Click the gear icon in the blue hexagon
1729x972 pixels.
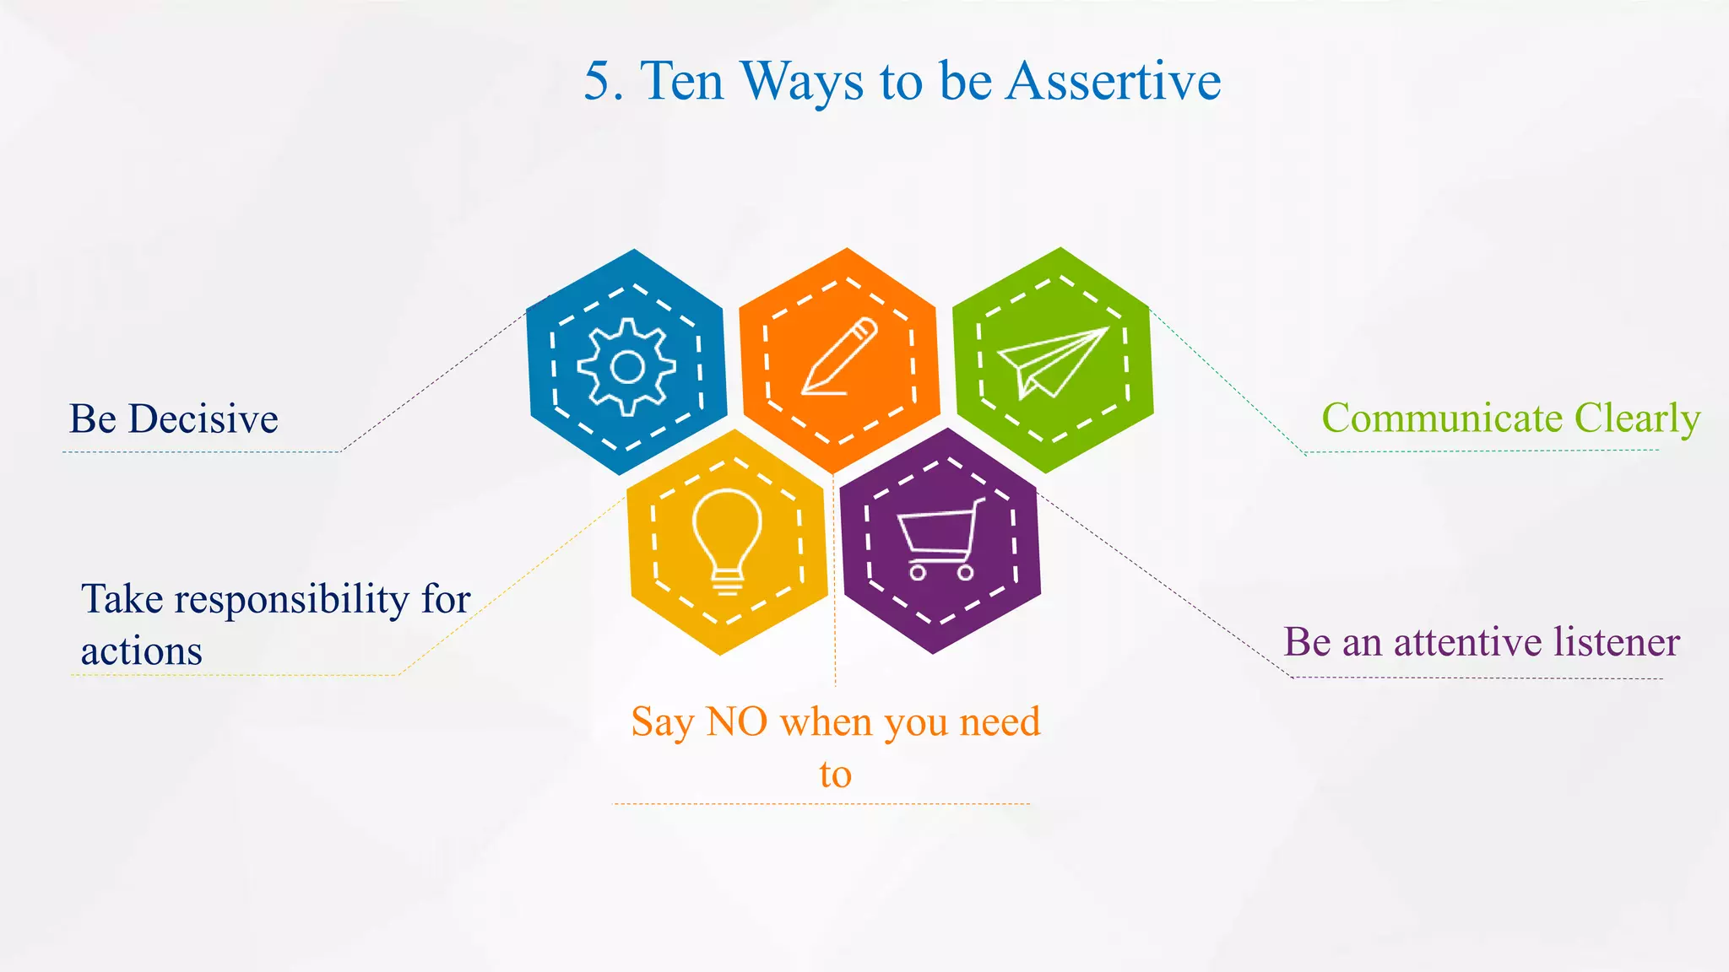(626, 367)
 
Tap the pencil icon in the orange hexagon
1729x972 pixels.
(839, 356)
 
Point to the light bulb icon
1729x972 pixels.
(727, 540)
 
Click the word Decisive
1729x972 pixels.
(203, 419)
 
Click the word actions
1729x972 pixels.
(142, 651)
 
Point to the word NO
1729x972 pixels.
(736, 722)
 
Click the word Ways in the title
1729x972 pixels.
(802, 82)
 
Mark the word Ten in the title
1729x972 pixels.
(682, 82)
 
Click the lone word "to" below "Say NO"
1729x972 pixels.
(835, 775)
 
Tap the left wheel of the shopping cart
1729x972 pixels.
(918, 572)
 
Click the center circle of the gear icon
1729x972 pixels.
(626, 367)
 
